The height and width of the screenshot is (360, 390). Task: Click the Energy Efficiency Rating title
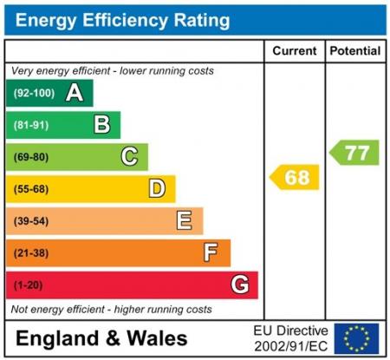coord(123,19)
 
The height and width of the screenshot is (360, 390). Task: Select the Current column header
coord(294,51)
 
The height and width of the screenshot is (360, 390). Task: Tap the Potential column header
coord(354,51)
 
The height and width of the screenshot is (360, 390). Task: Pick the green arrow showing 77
coord(354,153)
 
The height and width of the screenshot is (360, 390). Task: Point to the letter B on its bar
coord(102,125)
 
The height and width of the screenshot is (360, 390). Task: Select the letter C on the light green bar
coord(129,157)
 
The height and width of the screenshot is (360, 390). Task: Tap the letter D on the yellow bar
coord(157,188)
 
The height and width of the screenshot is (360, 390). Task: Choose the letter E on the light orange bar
coord(185,220)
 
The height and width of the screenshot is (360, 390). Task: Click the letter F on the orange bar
coord(211,252)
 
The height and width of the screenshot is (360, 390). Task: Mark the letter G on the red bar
coord(240,285)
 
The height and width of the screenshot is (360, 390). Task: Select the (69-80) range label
coord(30,157)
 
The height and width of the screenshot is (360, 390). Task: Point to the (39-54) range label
coord(30,221)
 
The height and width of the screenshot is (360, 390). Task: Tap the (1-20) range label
coord(28,285)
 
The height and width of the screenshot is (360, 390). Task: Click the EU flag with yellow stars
coord(355,338)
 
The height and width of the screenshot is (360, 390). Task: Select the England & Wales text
coord(101,338)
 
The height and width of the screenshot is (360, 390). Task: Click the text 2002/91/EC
coord(290,345)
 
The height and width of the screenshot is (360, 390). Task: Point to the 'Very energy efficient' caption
coord(112,71)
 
